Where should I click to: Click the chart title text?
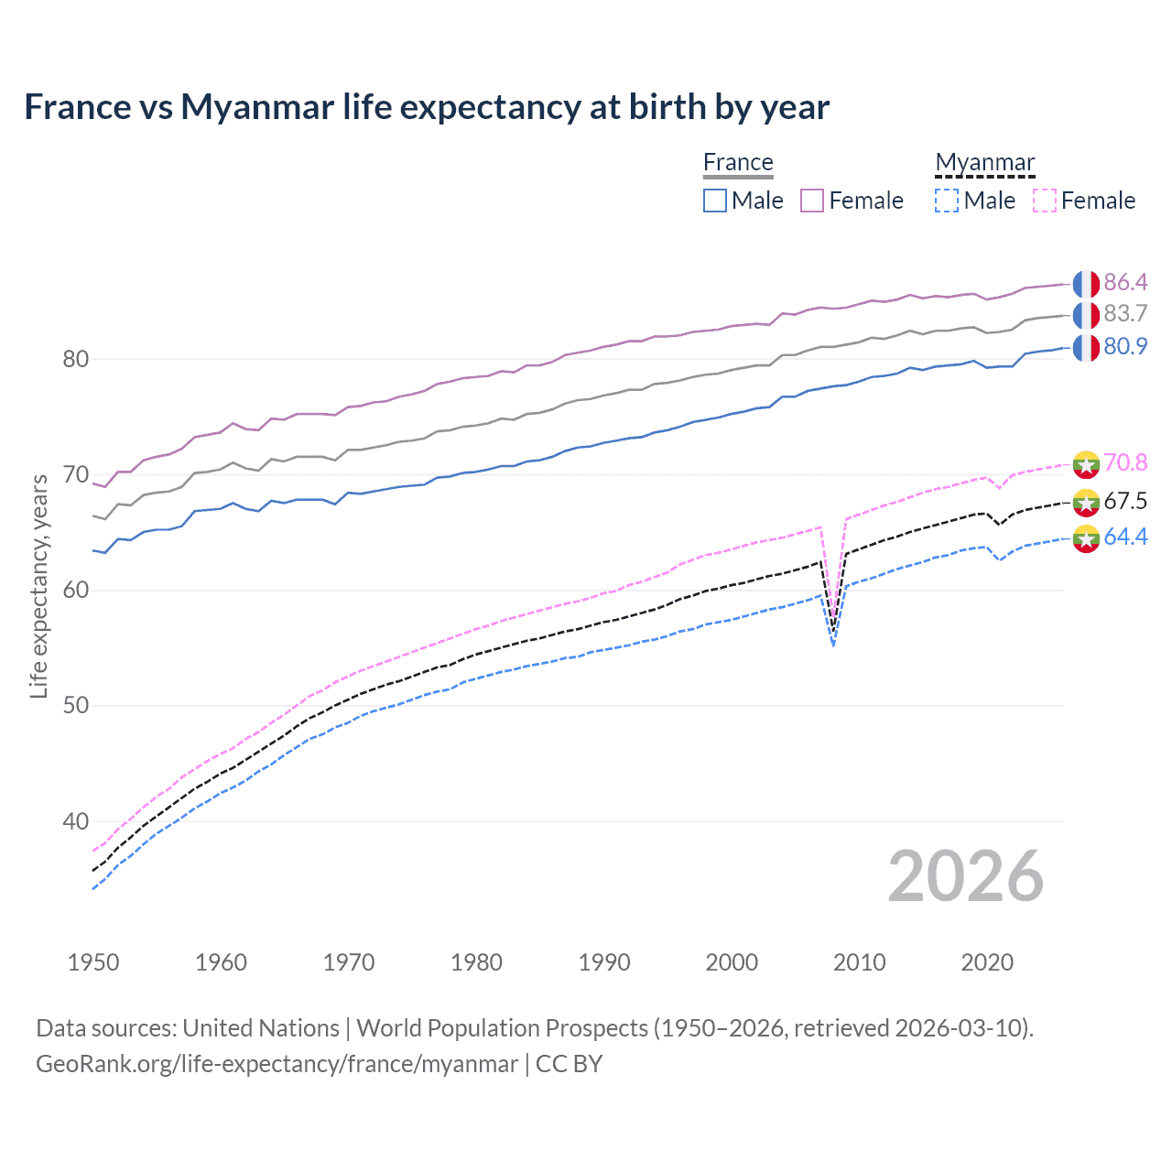[427, 107]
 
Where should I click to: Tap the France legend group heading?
[738, 162]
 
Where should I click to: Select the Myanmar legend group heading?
[984, 162]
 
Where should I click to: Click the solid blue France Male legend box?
[715, 201]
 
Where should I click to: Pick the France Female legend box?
[812, 201]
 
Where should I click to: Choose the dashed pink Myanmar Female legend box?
[1045, 201]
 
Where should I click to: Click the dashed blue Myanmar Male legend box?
[947, 201]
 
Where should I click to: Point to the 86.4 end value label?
[1125, 283]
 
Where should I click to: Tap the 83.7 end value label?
[1125, 314]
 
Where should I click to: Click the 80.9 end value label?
[1125, 347]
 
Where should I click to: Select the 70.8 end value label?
[1125, 463]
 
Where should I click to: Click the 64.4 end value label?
[1125, 537]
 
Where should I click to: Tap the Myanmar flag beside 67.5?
[1086, 502]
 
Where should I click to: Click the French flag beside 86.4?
[1086, 284]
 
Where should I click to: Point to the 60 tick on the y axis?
[76, 591]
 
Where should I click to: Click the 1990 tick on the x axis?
[604, 962]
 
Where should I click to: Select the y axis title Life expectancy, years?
[39, 586]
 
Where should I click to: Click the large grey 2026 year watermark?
[966, 877]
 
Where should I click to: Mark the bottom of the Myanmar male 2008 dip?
[833, 646]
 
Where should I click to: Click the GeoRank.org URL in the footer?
[277, 1064]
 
